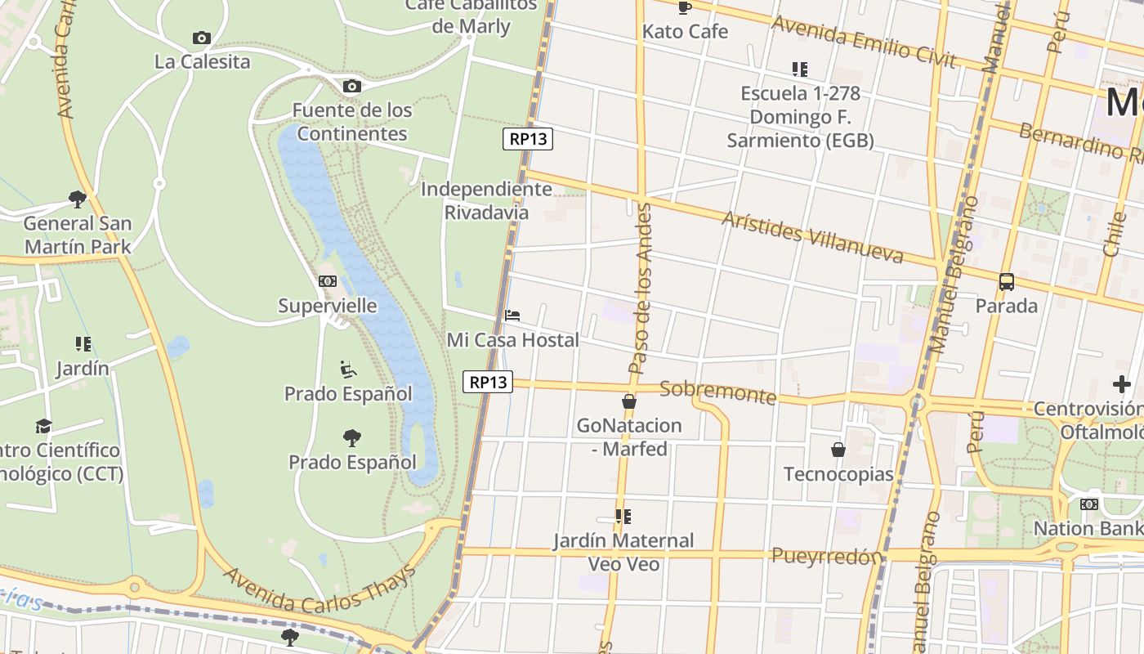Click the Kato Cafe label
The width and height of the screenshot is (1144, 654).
point(685,32)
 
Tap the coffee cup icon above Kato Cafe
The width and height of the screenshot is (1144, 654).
point(685,8)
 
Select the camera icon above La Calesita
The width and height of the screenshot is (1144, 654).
point(202,38)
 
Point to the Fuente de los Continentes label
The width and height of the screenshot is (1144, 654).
point(352,122)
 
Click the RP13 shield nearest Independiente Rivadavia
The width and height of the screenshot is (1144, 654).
point(528,139)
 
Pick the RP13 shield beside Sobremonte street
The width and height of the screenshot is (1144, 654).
point(488,382)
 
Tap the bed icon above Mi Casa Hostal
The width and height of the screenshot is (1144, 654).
point(512,316)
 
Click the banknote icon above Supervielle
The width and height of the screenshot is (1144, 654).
point(328,281)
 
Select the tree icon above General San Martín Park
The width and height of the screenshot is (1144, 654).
point(78,199)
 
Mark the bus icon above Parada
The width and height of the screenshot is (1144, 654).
point(1007,282)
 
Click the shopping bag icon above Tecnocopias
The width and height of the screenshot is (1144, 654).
point(838,450)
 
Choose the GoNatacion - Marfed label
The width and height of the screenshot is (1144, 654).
point(629,437)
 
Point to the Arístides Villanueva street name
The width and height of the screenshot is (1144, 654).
point(812,237)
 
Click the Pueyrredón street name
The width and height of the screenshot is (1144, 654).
point(827,557)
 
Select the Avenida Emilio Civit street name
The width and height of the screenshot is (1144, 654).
point(864,42)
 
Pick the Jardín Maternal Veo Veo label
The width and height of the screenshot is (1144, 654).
point(623,552)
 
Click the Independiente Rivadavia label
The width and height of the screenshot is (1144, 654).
point(486,201)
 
